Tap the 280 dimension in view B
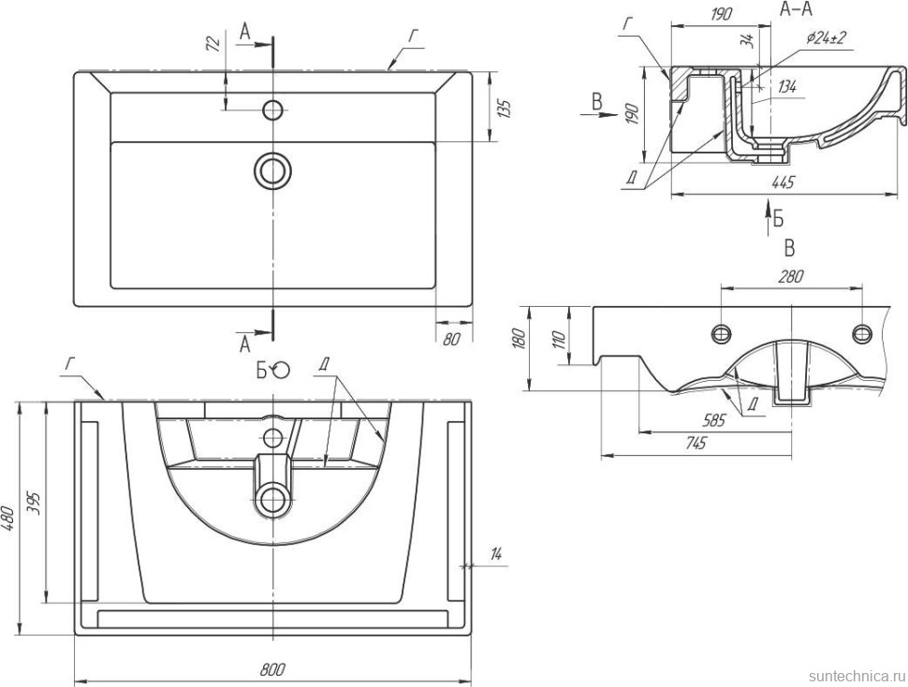pyautogui.click(x=791, y=278)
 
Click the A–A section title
pyautogui.click(x=796, y=10)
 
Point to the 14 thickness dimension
pyautogui.click(x=496, y=556)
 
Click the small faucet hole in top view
pyautogui.click(x=272, y=110)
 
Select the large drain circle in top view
pyautogui.click(x=272, y=170)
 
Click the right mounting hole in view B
pyautogui.click(x=862, y=332)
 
